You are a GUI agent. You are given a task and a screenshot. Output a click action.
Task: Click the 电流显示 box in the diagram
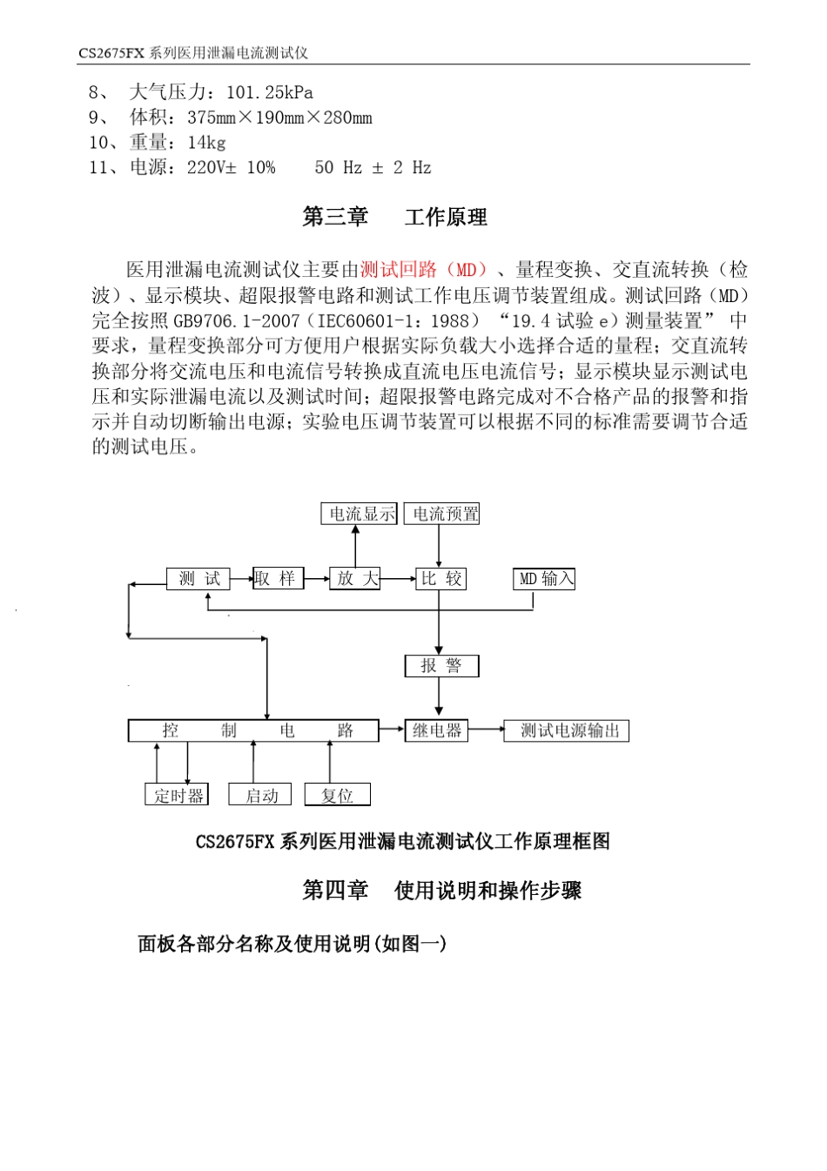[x=359, y=514]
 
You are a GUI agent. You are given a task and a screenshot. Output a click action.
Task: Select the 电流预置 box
[x=442, y=514]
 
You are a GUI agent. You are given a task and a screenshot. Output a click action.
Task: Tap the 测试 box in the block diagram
[x=198, y=578]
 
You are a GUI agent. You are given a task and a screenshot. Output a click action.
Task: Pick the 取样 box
[x=278, y=578]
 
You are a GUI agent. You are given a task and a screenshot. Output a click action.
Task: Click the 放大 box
[x=355, y=578]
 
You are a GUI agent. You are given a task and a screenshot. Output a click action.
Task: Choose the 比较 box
[x=440, y=578]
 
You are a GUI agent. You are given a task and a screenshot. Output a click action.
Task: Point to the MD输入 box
[x=544, y=578]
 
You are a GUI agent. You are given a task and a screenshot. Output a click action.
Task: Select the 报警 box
[x=441, y=666]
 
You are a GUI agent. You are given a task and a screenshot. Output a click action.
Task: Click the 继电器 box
[x=437, y=730]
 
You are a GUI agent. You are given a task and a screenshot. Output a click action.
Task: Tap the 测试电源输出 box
[x=567, y=730]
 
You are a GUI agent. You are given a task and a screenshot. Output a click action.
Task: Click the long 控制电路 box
[x=253, y=730]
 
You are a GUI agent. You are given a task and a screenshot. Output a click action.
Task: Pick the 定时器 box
[x=177, y=795]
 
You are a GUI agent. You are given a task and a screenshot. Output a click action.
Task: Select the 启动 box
[x=260, y=795]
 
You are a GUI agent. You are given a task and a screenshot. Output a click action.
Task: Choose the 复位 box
[x=337, y=795]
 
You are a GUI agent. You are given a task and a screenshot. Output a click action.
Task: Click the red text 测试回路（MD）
[x=424, y=270]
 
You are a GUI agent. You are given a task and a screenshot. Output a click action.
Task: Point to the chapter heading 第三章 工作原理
[x=394, y=217]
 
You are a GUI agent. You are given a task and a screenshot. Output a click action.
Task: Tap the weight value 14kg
[x=206, y=143]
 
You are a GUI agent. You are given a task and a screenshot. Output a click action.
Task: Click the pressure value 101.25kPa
[x=269, y=92]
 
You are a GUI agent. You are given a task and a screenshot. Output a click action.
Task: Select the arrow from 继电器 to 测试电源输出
[x=486, y=730]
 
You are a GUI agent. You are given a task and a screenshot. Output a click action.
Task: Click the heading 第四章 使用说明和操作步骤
[x=441, y=890]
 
